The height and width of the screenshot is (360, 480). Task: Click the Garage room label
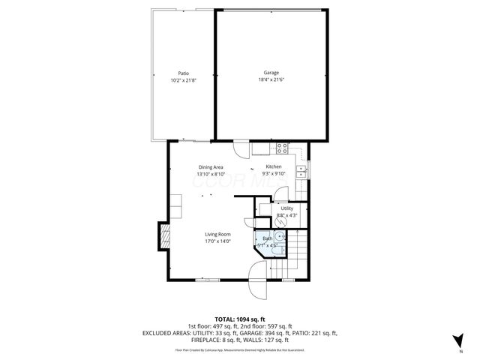tap(271, 73)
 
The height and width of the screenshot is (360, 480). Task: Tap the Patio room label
tap(183, 73)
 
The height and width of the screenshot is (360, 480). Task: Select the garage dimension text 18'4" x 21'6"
tap(271, 79)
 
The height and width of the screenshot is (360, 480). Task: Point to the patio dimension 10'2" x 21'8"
tap(183, 79)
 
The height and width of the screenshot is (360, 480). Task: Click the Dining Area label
tap(210, 166)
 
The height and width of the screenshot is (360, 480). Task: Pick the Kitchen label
tap(274, 166)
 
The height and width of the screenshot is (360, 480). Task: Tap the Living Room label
tap(217, 234)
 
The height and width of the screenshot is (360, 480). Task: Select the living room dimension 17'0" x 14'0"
tap(217, 241)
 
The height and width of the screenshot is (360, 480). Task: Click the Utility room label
tap(287, 208)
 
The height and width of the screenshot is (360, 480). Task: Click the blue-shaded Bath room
tap(268, 243)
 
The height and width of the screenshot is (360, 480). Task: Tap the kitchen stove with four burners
tap(282, 147)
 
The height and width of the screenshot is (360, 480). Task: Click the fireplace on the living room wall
tap(163, 238)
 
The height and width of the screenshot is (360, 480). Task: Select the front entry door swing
tap(257, 289)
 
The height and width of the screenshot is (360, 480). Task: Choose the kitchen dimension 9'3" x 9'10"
tap(274, 173)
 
